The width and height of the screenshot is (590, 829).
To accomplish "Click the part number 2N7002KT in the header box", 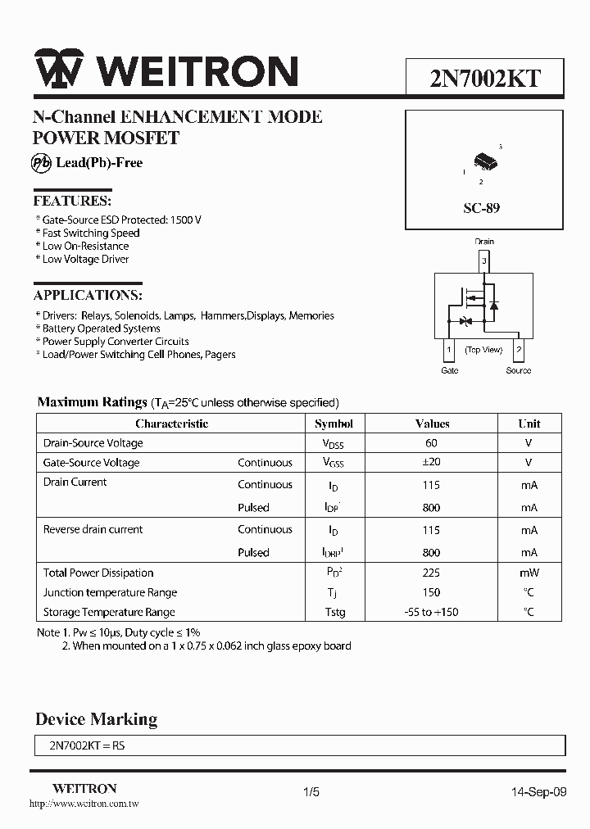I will tap(485, 78).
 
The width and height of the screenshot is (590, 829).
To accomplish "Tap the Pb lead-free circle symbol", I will tap(43, 162).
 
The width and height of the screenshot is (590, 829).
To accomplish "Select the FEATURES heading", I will tap(72, 201).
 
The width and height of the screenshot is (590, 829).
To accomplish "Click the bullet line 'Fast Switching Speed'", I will tap(91, 233).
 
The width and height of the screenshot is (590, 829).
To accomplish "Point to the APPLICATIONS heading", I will tap(88, 295).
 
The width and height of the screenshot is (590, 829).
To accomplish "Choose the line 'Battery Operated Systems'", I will tap(102, 328).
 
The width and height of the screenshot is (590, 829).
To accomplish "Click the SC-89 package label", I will tap(481, 208).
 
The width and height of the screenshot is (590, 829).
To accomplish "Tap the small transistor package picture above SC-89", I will tap(485, 161).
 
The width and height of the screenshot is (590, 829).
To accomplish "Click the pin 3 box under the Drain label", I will tap(484, 261).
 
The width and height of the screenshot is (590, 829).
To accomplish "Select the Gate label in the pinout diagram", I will tap(450, 370).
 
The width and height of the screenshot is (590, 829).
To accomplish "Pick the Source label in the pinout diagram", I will tap(518, 370).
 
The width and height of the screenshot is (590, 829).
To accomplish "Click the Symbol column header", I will tap(334, 424).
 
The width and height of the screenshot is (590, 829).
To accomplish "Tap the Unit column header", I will tap(529, 424).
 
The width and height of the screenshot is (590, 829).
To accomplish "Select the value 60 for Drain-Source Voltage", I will tap(432, 443).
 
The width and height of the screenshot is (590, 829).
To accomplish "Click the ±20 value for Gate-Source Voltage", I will tap(432, 463).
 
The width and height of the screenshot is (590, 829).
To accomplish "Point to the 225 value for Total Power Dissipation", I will tap(432, 573).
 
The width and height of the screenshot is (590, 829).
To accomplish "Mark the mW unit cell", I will tap(529, 573).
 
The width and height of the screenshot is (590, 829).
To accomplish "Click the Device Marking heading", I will tap(96, 719).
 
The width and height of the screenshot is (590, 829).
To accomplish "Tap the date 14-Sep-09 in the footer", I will tap(538, 792).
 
